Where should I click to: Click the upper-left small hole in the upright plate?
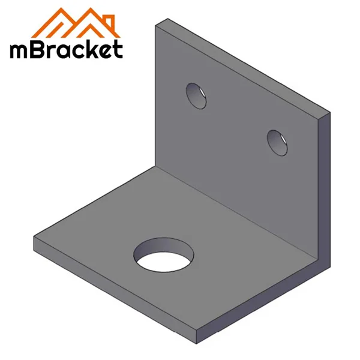coord(196,95)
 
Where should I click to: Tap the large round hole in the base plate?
coord(164,255)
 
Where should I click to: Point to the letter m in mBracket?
coord(19,50)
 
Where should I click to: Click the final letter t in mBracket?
coord(117,49)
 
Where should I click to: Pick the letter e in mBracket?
coord(104,51)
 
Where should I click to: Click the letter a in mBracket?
coord(64,51)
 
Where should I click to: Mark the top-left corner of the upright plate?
coord(157,24)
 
